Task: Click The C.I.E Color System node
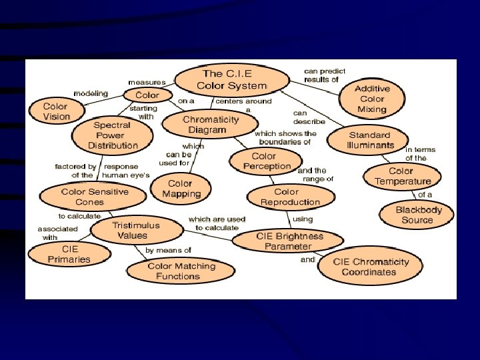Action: coord(231,80)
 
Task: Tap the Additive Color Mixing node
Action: coord(372,99)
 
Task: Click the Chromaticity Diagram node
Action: coord(211,125)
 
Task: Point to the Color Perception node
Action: coord(263,161)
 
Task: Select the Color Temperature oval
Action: coord(402,176)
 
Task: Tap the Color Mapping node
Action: coord(180,189)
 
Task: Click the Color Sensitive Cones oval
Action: coord(85,197)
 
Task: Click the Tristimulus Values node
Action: coord(137,231)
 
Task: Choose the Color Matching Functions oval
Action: coord(181,271)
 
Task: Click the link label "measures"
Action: coord(147,82)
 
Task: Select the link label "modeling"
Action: coord(91,93)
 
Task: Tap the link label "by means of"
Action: coord(168,251)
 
